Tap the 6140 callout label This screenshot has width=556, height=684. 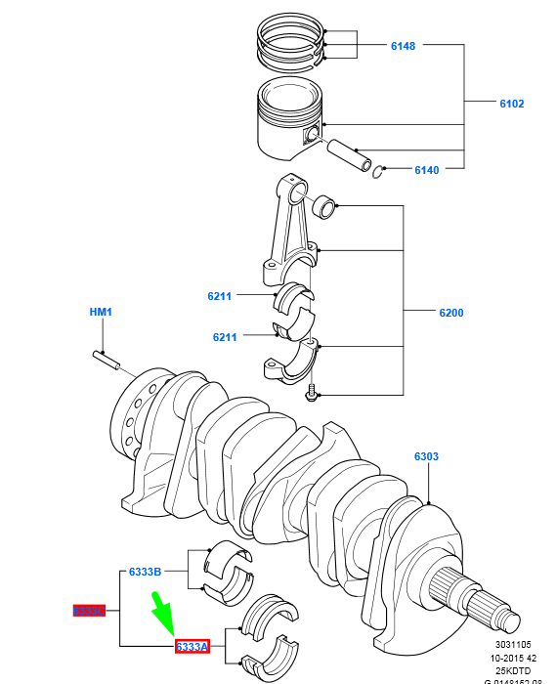point(426,170)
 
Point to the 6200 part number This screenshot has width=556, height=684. point(450,314)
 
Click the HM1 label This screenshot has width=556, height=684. point(101,312)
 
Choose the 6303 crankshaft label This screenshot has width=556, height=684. point(426,456)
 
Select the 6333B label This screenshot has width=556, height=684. point(145,572)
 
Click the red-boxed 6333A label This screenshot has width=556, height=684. point(192,647)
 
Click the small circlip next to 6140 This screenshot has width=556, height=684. point(380,173)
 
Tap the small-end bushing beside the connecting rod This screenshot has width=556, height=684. point(323,206)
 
